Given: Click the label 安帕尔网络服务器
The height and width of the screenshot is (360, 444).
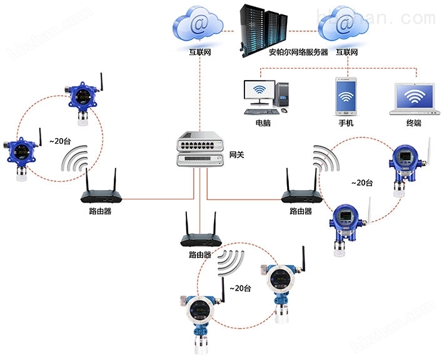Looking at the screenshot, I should coord(298,52).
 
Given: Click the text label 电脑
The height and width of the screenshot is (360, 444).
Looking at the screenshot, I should coord(263,123).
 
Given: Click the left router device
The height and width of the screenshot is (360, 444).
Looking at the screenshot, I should coord(100,190).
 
